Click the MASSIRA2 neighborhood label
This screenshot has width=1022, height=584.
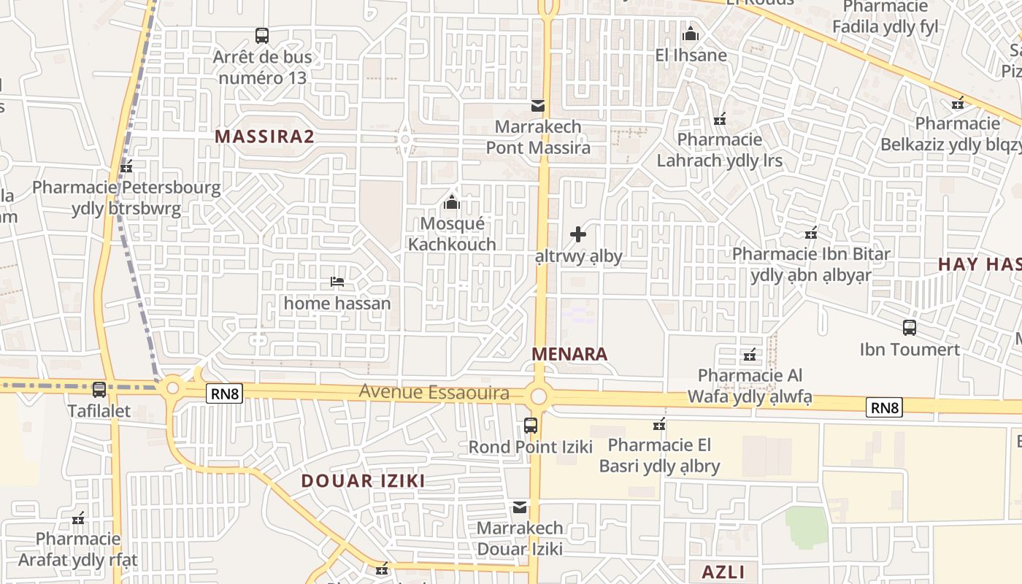pos(264,136)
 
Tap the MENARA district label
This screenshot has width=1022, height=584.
pos(569,354)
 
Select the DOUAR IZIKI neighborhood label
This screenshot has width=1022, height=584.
pos(363,480)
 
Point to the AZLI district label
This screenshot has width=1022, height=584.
pos(723,572)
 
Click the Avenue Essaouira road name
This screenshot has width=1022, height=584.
pos(434,393)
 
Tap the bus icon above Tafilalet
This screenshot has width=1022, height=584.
pos(99,390)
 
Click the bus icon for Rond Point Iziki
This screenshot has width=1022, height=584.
pos(531,425)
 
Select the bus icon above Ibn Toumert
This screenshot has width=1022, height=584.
pos(910,328)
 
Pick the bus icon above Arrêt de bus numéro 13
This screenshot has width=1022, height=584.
pos(262,35)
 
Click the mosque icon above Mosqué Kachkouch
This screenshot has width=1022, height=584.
pos(452,201)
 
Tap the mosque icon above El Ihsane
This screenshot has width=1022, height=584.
pos(691,34)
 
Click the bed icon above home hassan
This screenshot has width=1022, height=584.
pos(337,281)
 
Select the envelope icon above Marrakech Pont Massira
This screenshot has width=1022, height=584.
pos(538,106)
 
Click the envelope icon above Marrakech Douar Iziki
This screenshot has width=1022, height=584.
pos(520,507)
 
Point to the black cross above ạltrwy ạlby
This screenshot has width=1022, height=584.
pos(578,234)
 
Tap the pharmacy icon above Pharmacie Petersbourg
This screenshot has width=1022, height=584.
pos(126,166)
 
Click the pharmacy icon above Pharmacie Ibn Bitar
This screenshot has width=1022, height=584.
pos(811,233)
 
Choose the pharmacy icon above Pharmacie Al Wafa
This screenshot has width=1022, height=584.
pos(750,356)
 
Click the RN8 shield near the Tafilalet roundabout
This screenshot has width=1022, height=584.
pos(224,393)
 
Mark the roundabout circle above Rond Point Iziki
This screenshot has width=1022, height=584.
pos(539,396)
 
